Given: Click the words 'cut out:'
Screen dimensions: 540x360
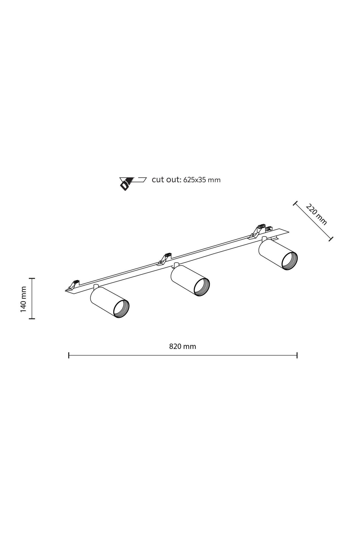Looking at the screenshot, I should point(167,179).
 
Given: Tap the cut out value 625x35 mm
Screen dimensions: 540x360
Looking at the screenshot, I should point(202,180).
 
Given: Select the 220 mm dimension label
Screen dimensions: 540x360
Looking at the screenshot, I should point(316,214).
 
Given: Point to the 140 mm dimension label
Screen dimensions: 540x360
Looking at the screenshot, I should point(24,299).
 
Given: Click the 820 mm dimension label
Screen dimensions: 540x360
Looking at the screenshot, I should point(183,346).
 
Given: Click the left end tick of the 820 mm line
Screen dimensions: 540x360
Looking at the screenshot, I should point(69,355).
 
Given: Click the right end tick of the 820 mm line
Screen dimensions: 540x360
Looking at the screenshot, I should point(297,355).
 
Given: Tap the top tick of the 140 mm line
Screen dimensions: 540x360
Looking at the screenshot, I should point(32,278).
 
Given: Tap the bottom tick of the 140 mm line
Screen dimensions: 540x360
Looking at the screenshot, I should point(32,319).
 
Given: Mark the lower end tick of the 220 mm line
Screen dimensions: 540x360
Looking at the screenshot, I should point(331,239).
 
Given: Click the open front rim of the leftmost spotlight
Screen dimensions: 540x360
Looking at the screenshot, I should point(121,309).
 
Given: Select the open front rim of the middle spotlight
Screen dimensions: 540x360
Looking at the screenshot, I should point(202,287).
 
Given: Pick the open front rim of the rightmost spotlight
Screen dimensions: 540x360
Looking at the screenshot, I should point(290,261).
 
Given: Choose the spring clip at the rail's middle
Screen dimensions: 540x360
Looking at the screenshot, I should point(165,258).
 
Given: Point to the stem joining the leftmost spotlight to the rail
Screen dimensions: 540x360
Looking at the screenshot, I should point(96,287).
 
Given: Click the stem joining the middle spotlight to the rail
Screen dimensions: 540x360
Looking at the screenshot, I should point(176,265).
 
